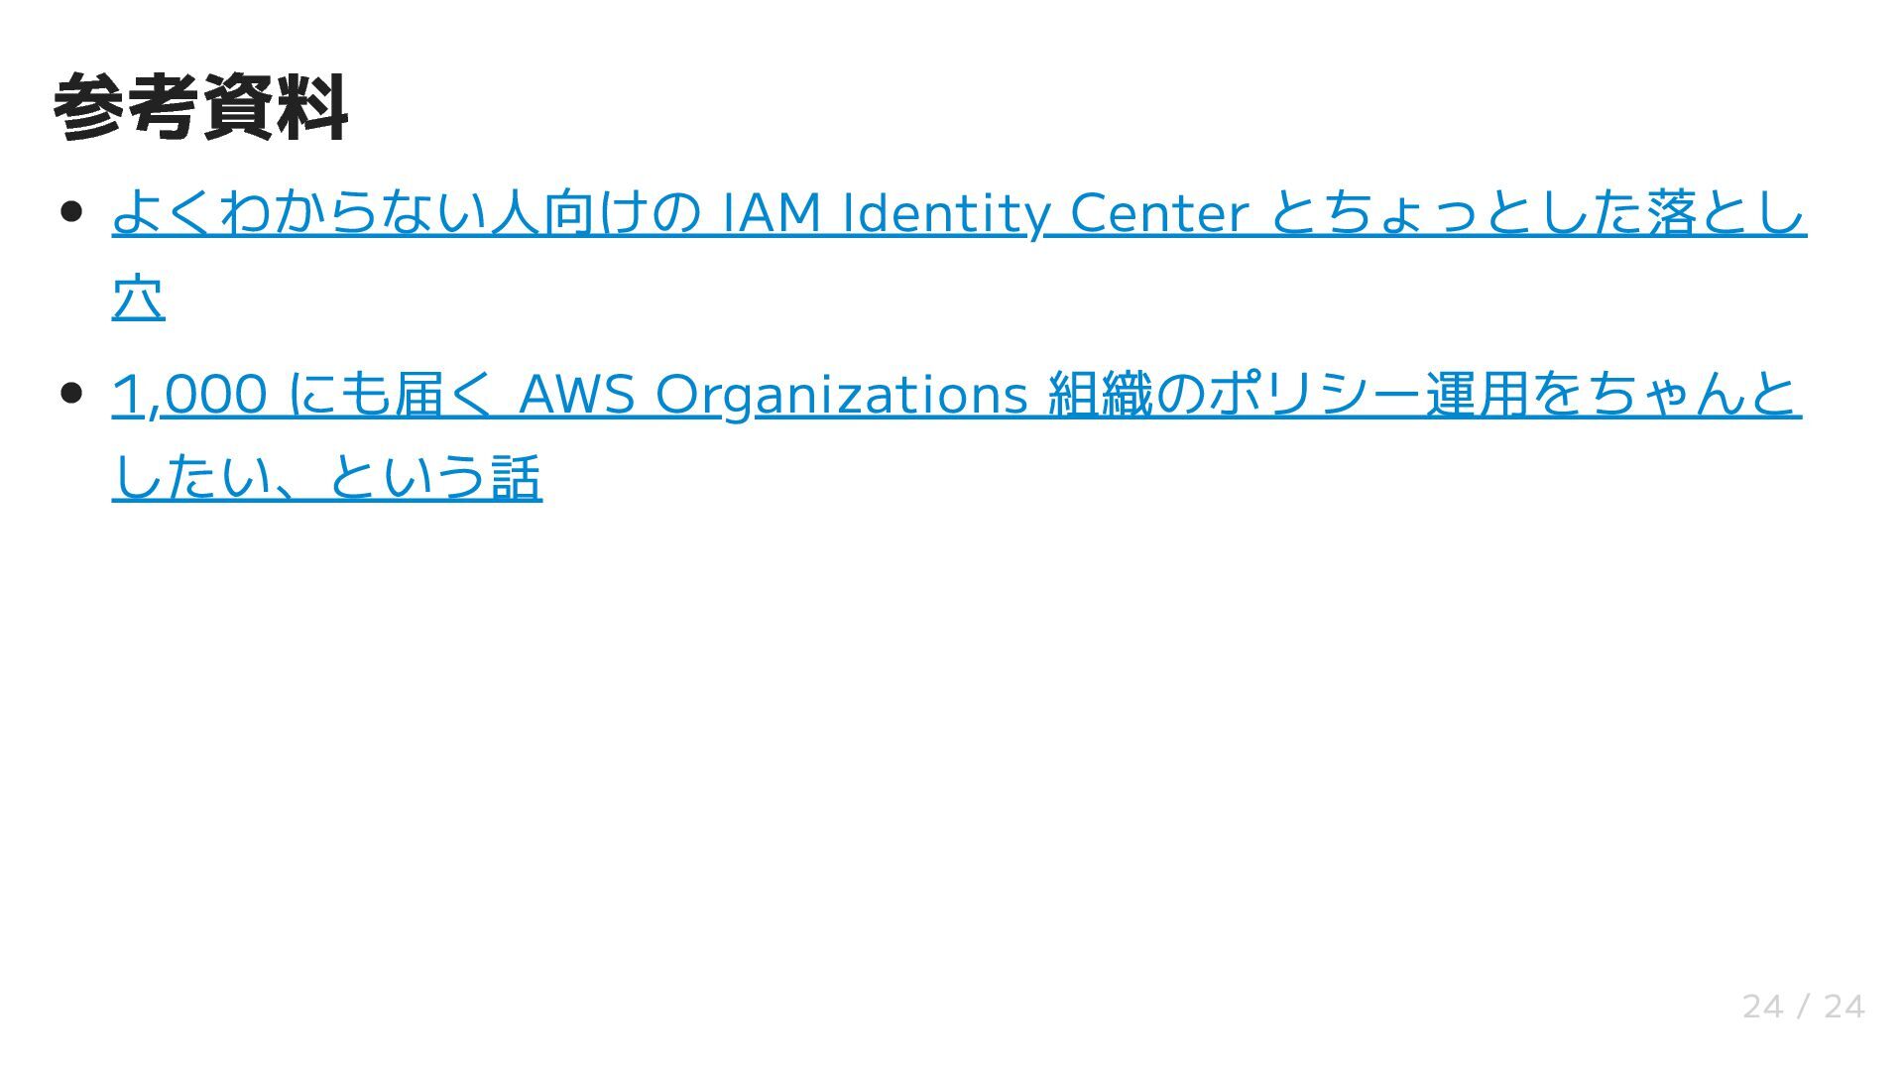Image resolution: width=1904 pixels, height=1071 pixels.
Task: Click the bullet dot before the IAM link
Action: pos(70,212)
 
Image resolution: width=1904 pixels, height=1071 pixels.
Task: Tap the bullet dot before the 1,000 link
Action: pos(70,393)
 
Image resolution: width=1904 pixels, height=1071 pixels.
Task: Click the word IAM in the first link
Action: pos(773,212)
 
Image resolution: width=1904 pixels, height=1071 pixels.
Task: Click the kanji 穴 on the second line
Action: pos(138,297)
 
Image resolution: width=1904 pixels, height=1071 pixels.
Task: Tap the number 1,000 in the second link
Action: pos(189,394)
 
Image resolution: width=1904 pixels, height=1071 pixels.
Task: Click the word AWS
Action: pos(576,394)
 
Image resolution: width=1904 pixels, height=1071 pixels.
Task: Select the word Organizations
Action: pos(841,394)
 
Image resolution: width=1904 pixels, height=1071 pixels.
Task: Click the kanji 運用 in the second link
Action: pos(1477,394)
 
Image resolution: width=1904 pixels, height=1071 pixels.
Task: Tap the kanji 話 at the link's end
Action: pos(516,477)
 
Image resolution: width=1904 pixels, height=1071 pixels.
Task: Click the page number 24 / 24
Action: pos(1803,1007)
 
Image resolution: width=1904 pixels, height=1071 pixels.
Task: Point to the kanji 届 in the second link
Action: pos(417,394)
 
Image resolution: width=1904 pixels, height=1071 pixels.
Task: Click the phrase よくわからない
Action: pos(300,212)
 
